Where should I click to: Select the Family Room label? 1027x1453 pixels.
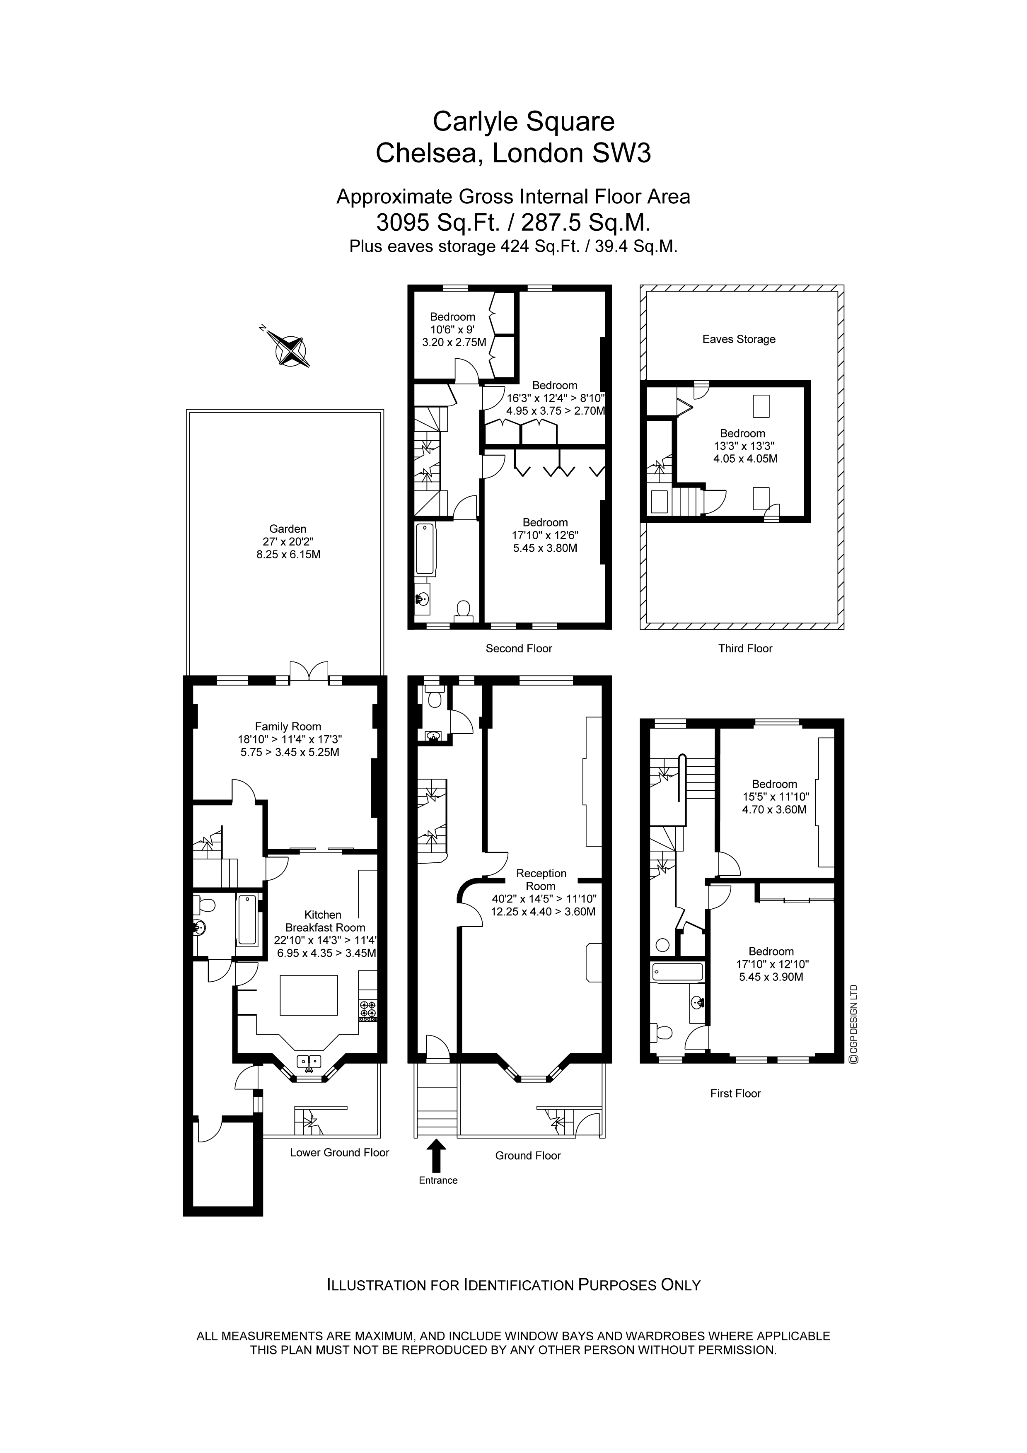tap(288, 726)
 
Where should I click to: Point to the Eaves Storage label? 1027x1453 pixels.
tap(738, 339)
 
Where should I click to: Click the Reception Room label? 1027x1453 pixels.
tap(541, 880)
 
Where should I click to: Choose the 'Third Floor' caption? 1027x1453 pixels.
tap(745, 648)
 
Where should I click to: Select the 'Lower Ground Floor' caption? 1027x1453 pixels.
tap(339, 1152)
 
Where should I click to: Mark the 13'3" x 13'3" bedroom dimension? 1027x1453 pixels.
tap(742, 446)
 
